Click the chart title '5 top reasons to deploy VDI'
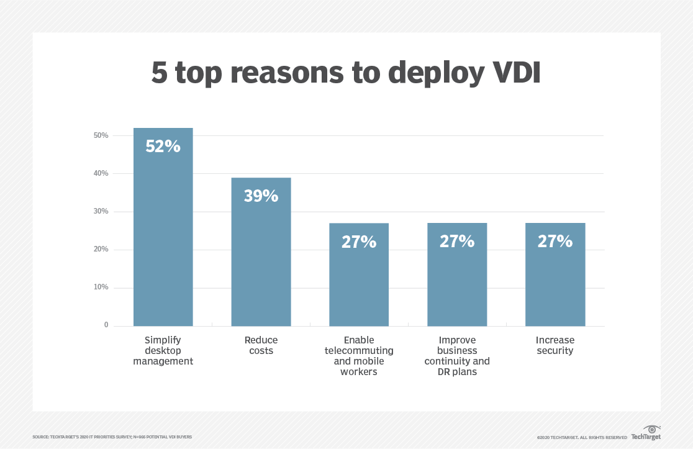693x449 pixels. point(346,73)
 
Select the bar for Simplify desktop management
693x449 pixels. point(163,236)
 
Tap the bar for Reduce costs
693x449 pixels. point(261,261)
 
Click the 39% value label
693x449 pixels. point(261,196)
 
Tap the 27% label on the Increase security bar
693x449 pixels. point(555,241)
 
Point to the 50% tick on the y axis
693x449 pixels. point(101,135)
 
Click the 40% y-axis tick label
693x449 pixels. point(101,173)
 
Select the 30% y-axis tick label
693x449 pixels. point(101,211)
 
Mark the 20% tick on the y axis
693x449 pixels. point(101,249)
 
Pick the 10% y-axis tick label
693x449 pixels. point(101,287)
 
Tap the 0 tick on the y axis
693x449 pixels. point(106,325)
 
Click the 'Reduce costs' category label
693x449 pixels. point(261,345)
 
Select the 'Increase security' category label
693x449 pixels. point(555,345)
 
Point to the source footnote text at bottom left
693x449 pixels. point(112,437)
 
